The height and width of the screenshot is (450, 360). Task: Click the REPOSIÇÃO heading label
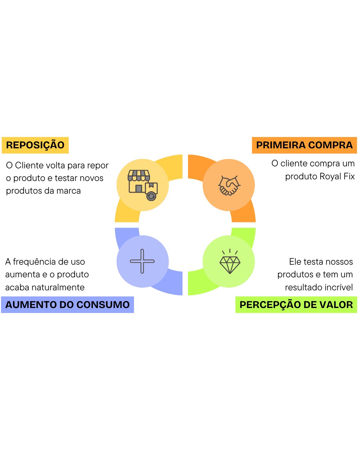point(35,145)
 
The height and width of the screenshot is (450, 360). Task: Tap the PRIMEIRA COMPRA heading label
point(304,145)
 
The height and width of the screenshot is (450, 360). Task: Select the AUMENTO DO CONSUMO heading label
point(67,305)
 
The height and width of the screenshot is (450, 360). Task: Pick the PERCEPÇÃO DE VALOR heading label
point(296,305)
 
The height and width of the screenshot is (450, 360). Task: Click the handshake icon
point(229,185)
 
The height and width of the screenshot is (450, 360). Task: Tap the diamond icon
point(230,263)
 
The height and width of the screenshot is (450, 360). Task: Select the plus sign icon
point(142,261)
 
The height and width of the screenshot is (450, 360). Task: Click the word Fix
point(349,176)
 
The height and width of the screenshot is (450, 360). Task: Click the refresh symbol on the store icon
point(151,196)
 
